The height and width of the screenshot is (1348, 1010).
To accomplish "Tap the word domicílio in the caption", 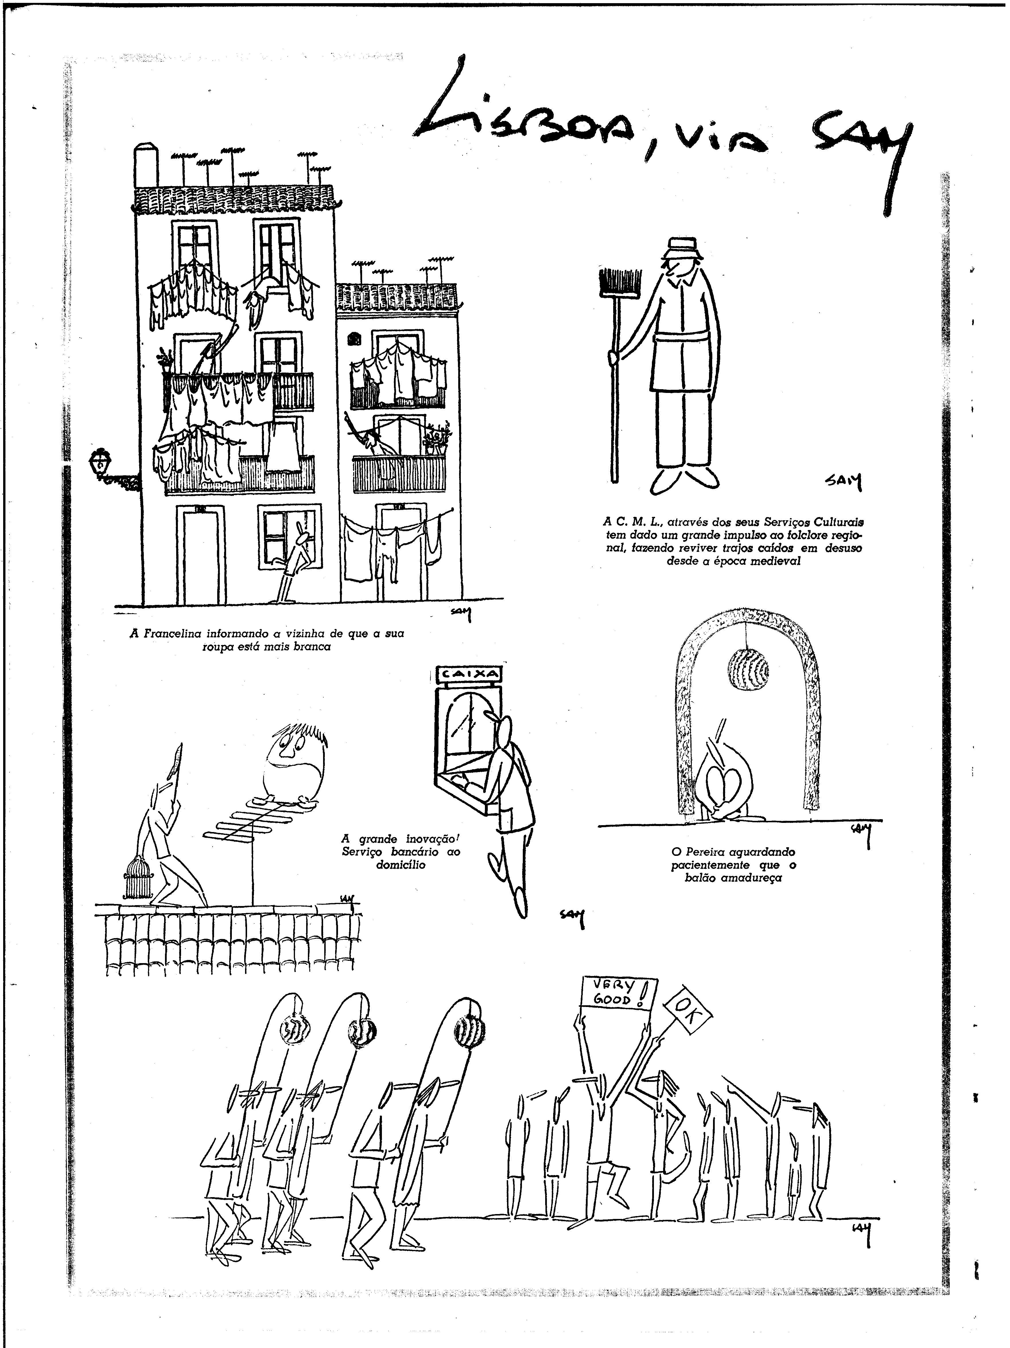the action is click(x=400, y=864).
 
